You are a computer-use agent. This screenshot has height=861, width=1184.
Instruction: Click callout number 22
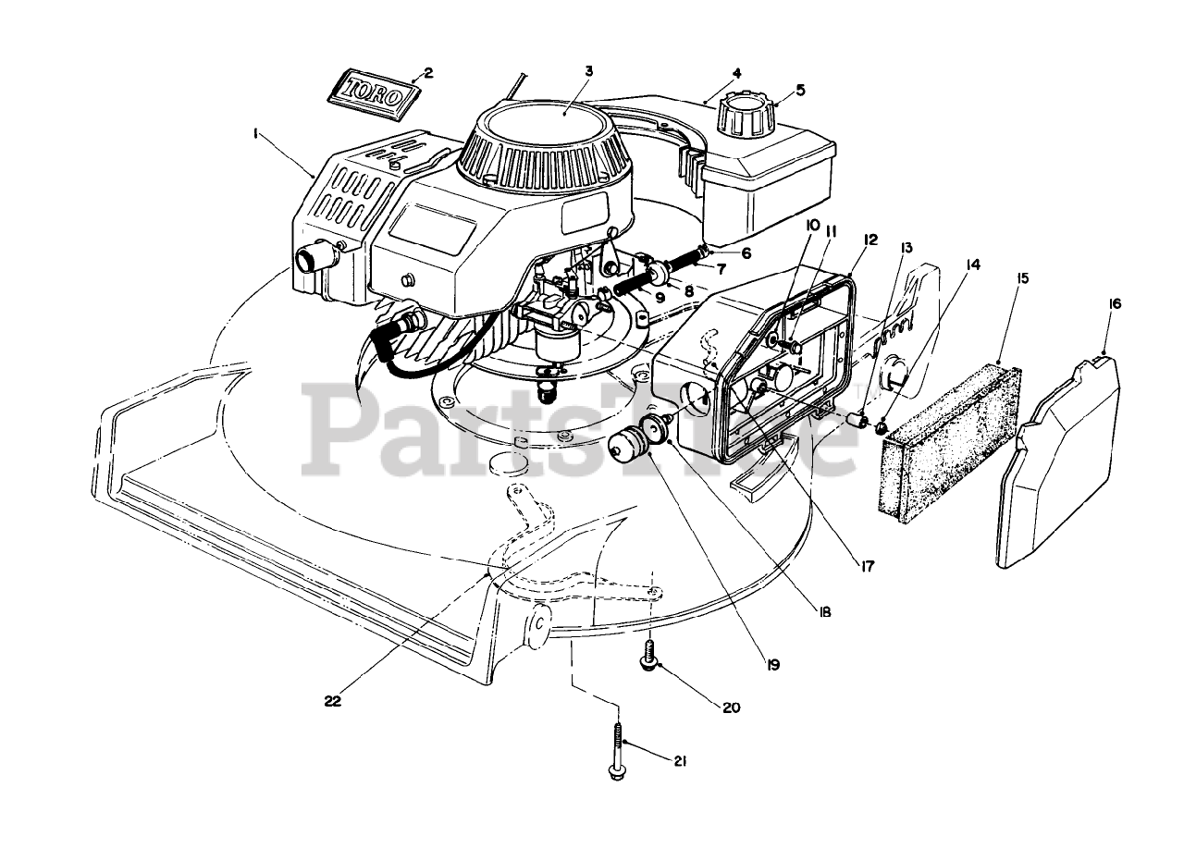pos(333,701)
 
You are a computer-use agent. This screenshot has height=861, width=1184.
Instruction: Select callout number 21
pos(680,761)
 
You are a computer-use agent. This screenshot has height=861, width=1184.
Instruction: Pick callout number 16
pos(1116,303)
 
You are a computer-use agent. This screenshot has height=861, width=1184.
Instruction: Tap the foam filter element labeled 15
pos(951,438)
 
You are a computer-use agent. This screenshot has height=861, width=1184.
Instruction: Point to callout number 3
pos(588,70)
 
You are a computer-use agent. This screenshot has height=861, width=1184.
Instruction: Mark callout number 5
pos(800,90)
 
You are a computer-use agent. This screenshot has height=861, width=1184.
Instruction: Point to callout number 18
pos(823,611)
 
